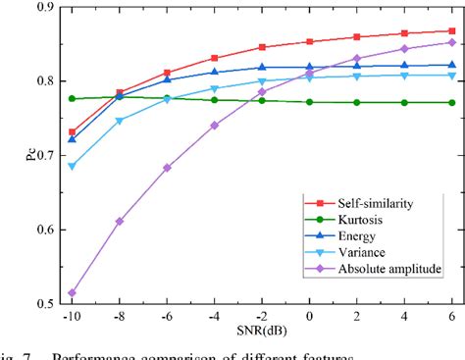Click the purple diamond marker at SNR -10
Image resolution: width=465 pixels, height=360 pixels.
click(x=73, y=292)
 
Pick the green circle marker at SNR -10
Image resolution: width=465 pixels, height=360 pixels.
click(x=73, y=98)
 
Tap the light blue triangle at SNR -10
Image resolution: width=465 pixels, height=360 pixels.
click(x=73, y=166)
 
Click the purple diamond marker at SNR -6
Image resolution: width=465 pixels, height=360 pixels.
click(x=167, y=168)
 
